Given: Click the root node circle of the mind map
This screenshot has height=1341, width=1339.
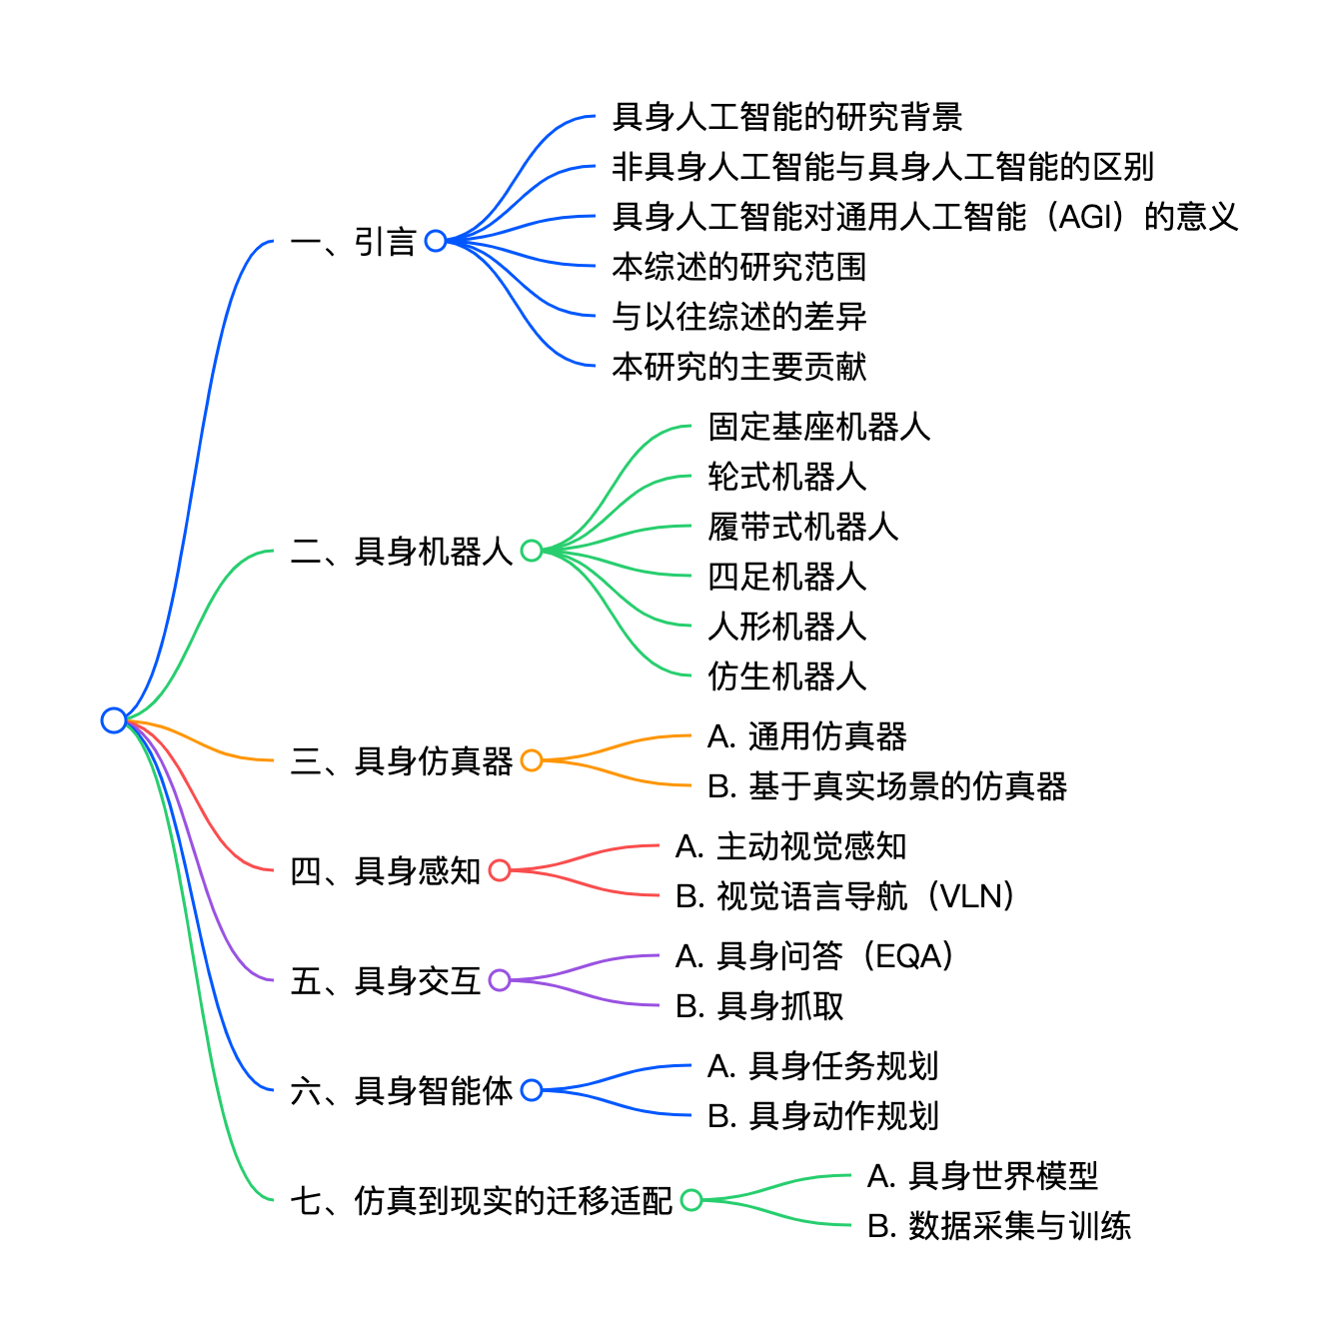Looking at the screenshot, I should click(114, 719).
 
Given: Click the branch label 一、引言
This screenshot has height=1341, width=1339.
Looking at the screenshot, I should click(353, 242).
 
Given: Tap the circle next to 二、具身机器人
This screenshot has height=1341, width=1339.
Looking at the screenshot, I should click(532, 551).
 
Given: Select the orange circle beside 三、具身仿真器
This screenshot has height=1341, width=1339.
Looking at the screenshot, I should click(532, 760).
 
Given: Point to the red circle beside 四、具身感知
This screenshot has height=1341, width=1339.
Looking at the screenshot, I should click(500, 870).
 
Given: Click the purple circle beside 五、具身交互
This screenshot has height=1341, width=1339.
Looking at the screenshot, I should click(500, 980).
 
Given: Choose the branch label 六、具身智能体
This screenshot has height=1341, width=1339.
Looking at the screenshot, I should click(402, 1090).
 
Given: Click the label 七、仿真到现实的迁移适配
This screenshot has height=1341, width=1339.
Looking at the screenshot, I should click(481, 1200).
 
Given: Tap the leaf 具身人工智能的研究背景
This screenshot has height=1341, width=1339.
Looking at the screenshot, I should click(786, 117).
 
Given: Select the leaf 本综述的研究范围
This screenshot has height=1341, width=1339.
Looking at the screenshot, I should click(738, 267).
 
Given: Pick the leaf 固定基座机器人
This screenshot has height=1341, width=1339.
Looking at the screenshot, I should click(818, 427).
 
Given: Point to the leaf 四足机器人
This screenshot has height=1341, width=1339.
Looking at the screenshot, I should click(786, 577).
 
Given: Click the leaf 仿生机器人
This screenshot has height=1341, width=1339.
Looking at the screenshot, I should click(786, 676).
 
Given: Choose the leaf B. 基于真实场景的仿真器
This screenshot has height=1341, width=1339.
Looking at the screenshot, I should click(887, 786).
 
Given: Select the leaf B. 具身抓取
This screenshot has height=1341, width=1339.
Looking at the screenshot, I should click(759, 1006).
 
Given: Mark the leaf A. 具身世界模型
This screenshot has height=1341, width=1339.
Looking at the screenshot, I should click(982, 1176).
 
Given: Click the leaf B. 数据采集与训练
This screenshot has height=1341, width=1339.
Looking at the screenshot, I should click(998, 1226).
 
